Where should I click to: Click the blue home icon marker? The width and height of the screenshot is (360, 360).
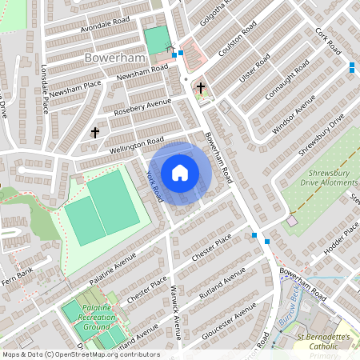tap(180, 172)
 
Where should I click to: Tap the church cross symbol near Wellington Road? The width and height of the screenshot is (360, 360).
tap(95, 131)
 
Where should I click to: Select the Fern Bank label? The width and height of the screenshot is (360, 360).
tap(18, 274)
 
